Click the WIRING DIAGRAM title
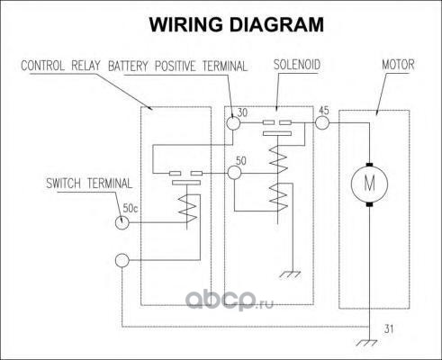click(x=237, y=24)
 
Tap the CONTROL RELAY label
click(x=60, y=66)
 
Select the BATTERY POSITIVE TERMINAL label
click(x=178, y=66)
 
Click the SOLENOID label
click(x=297, y=65)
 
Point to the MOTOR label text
click(x=398, y=65)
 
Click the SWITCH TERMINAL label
click(x=89, y=184)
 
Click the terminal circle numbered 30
click(x=233, y=123)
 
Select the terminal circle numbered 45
click(x=322, y=122)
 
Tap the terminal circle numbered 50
click(x=234, y=173)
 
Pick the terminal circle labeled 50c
click(x=122, y=222)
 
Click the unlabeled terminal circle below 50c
click(x=122, y=260)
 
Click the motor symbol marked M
click(x=369, y=184)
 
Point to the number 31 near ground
click(x=389, y=329)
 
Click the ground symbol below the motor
click(x=368, y=343)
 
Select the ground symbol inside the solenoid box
click(x=291, y=274)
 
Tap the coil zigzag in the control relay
click(x=188, y=209)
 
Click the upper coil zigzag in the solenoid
click(x=278, y=159)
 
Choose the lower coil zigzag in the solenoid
click(x=278, y=197)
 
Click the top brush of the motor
click(x=369, y=165)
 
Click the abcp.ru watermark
click(x=230, y=299)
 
